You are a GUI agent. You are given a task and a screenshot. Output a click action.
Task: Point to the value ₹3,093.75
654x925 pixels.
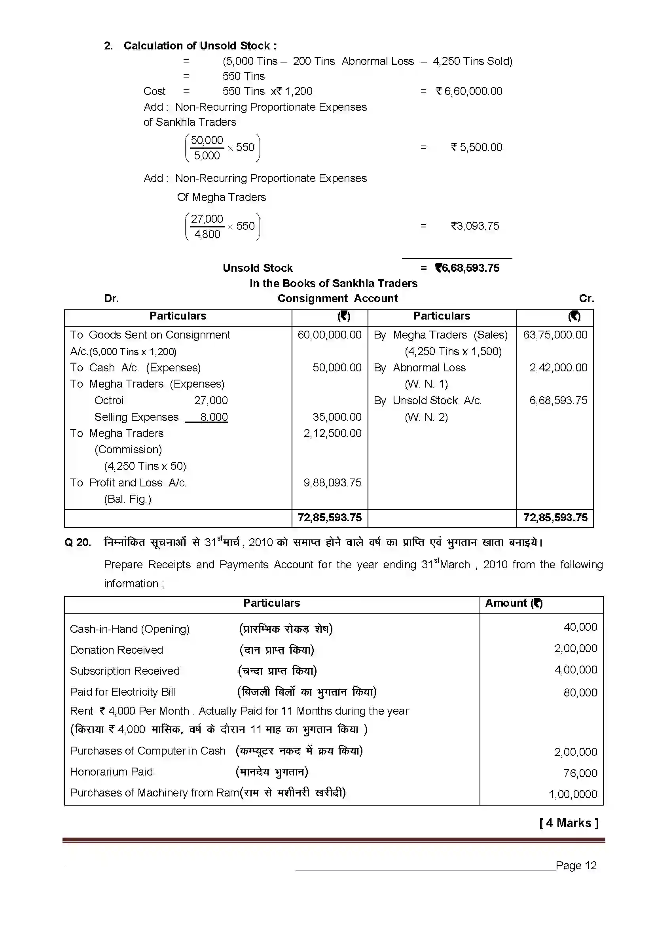pos(475,226)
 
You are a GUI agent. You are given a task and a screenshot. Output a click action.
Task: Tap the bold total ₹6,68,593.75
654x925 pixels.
pos(467,268)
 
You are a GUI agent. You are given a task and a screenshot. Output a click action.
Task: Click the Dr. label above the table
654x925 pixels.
pos(111,299)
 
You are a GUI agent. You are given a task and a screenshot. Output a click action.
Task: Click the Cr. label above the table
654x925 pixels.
pos(586,299)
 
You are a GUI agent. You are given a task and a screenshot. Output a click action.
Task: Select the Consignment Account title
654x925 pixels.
pos(337,299)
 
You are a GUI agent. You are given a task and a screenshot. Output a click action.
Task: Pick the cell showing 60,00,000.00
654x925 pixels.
pos(329,335)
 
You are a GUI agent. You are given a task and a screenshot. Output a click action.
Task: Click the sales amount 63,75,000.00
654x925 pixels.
pos(555,335)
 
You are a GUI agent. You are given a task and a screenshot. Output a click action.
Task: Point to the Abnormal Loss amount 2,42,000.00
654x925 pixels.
pos(558,367)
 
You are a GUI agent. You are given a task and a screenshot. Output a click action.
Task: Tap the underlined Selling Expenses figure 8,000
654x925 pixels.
pos(214,417)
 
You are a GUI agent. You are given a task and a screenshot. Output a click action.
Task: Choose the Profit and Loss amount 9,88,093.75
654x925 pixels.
pos(332,482)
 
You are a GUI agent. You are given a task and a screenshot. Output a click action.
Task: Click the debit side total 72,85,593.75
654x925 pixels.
pos(329,518)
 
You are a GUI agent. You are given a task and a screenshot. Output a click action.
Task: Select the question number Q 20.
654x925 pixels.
pos(78,542)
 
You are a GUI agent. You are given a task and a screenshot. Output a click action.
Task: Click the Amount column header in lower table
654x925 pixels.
pos(514,603)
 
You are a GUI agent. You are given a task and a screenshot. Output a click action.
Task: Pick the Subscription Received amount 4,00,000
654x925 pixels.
pos(575,670)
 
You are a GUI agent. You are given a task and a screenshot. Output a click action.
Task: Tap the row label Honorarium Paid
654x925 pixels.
pos(111,772)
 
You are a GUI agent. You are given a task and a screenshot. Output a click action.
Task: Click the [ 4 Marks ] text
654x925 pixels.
pos(569,823)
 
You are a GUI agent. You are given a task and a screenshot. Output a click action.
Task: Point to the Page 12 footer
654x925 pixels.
pos(576,865)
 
